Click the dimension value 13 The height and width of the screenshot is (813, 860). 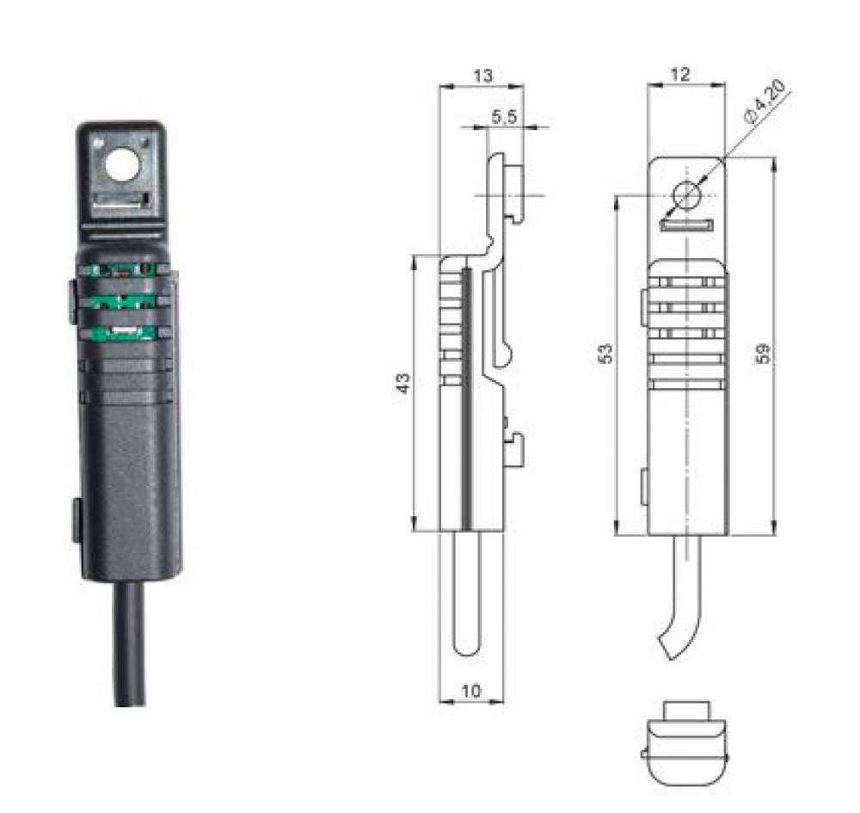[x=483, y=76]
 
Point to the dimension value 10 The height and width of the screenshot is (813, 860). [x=470, y=689]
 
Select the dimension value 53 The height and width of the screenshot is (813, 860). [x=605, y=354]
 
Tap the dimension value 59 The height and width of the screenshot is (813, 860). [x=762, y=354]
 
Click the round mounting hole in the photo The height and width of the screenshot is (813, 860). [x=122, y=163]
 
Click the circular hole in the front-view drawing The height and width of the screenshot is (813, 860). [x=686, y=195]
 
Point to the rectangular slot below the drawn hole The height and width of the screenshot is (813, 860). [x=685, y=225]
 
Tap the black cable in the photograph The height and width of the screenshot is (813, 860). [x=130, y=645]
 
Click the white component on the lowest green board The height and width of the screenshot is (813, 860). [x=126, y=332]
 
